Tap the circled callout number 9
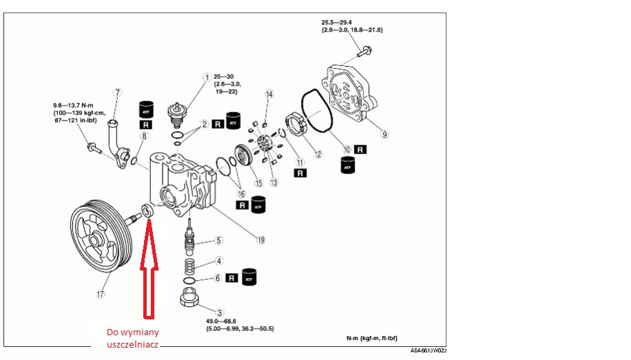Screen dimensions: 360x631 (385, 134)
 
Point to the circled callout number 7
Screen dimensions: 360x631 (118, 92)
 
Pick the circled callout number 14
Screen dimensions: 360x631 (269, 94)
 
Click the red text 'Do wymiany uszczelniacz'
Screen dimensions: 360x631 (132, 337)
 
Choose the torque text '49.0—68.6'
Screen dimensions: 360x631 (220, 321)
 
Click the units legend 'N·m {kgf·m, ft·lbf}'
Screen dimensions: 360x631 (372, 339)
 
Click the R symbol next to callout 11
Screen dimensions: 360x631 (300, 173)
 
